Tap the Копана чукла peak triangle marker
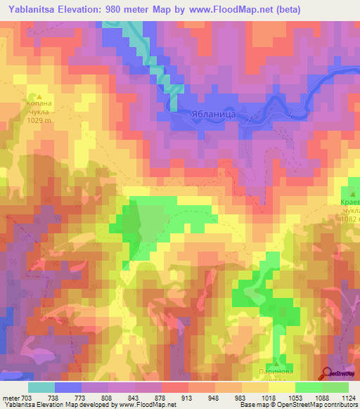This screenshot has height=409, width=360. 39,96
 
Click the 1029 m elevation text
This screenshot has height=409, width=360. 39,120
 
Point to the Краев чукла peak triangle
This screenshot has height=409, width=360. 353,190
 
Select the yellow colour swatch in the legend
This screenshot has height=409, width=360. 282,387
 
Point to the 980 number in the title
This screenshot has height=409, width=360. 139,8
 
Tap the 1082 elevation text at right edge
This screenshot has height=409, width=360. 349,219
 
